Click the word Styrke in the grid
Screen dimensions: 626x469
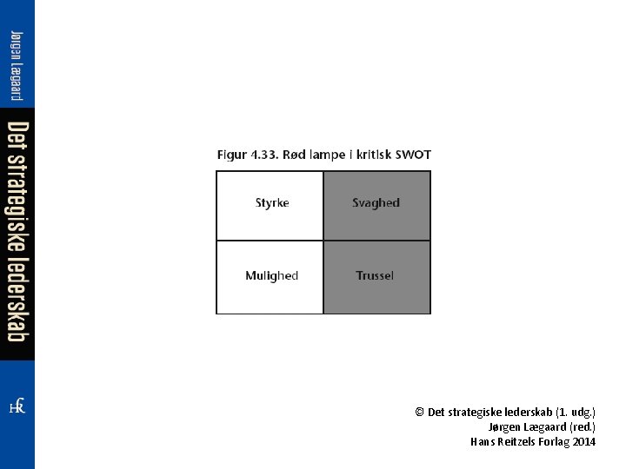(x=272, y=203)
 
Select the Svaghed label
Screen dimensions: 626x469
(x=376, y=203)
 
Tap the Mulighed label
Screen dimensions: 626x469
(x=271, y=276)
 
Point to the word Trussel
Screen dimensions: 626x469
(x=375, y=276)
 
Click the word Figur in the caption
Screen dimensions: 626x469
(x=231, y=155)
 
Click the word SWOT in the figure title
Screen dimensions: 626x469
(x=413, y=155)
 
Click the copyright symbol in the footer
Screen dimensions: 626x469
(x=419, y=412)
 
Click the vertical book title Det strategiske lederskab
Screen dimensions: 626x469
(x=17, y=233)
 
